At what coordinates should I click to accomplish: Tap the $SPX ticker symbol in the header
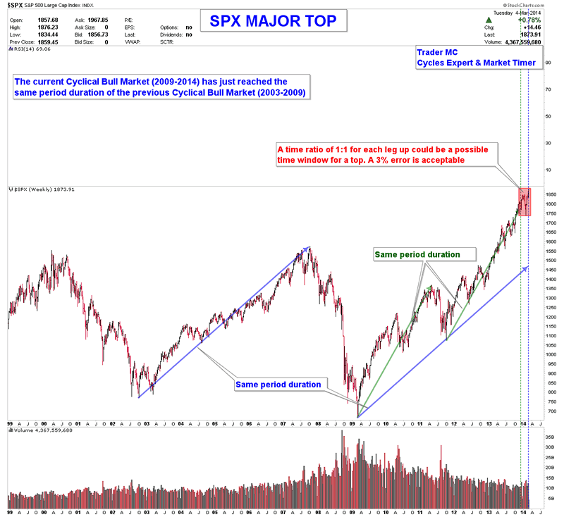15,5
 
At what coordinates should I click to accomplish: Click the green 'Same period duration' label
417,254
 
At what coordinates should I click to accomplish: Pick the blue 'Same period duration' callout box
278,385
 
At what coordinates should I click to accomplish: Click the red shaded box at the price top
525,202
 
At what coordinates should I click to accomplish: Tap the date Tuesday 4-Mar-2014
517,12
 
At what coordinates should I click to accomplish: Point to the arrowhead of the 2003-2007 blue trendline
307,248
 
